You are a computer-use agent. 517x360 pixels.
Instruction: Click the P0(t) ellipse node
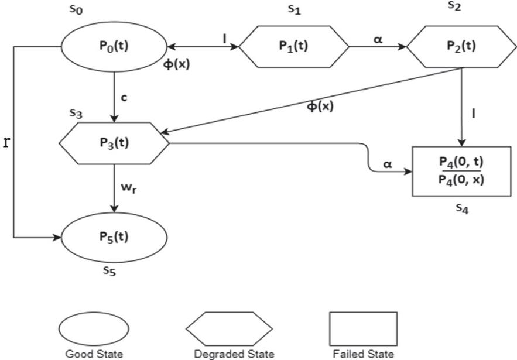[114, 47]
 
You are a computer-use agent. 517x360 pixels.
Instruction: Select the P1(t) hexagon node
[293, 47]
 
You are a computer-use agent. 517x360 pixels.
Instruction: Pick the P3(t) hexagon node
[114, 142]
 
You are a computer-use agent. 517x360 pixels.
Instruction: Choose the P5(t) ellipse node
[114, 237]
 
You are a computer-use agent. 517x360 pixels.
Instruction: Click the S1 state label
[295, 10]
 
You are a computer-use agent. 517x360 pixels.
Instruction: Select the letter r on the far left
[6, 142]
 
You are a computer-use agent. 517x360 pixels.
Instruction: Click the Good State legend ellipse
[93, 328]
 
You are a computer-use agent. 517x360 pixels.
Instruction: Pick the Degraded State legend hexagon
[229, 328]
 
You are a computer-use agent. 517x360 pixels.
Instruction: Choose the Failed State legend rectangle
[363, 328]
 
